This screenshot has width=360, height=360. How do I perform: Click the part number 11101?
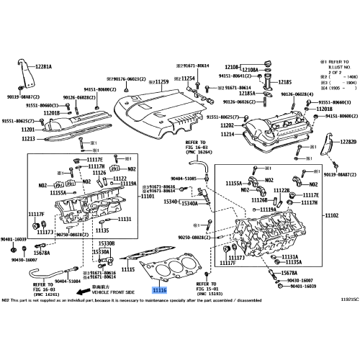coord(147,196)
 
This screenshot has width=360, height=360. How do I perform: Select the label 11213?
coord(28,138)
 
